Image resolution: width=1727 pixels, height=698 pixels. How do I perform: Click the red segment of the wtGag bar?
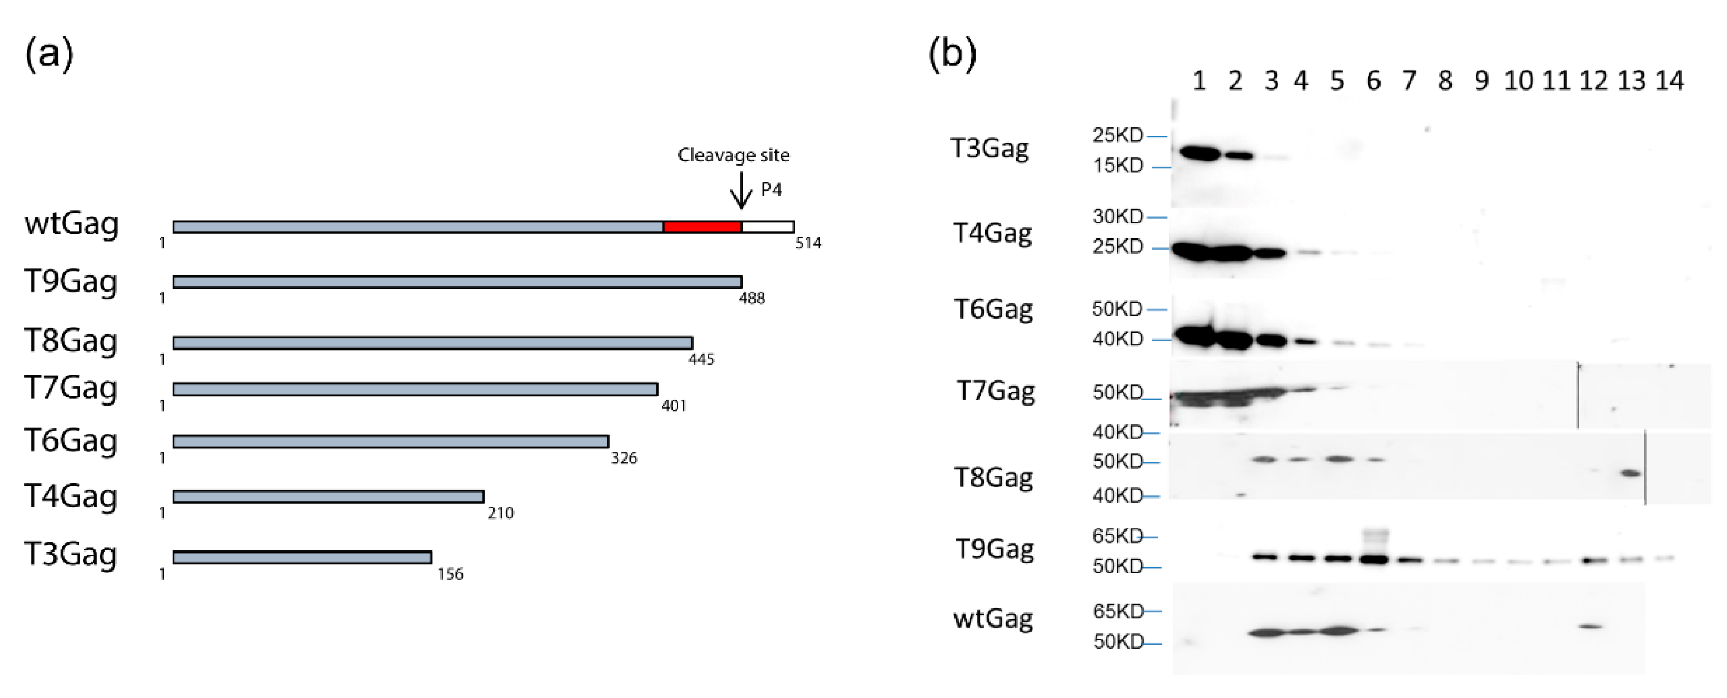702,227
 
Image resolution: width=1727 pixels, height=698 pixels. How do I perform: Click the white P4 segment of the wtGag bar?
767,227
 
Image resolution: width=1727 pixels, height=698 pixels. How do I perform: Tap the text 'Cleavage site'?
733,155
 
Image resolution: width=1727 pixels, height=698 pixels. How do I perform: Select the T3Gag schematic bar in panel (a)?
302,557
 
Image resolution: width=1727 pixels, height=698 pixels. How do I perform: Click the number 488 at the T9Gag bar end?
751,298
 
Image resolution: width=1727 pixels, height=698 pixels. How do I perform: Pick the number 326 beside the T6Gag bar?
623,458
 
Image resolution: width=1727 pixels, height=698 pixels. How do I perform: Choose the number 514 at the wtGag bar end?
808,243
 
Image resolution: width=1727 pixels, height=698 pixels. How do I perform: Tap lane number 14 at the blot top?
1669,81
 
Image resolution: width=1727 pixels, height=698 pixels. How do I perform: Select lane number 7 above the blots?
1408,81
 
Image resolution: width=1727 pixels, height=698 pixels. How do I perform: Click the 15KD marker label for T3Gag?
1117,165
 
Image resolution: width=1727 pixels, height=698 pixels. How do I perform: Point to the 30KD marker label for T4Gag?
1117,216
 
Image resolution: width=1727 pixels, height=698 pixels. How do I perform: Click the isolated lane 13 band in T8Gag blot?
1630,473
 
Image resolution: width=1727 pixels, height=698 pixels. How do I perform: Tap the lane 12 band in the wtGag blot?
1590,626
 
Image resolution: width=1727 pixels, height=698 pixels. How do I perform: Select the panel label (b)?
952,53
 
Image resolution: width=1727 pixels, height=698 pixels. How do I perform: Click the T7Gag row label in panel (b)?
995,391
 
